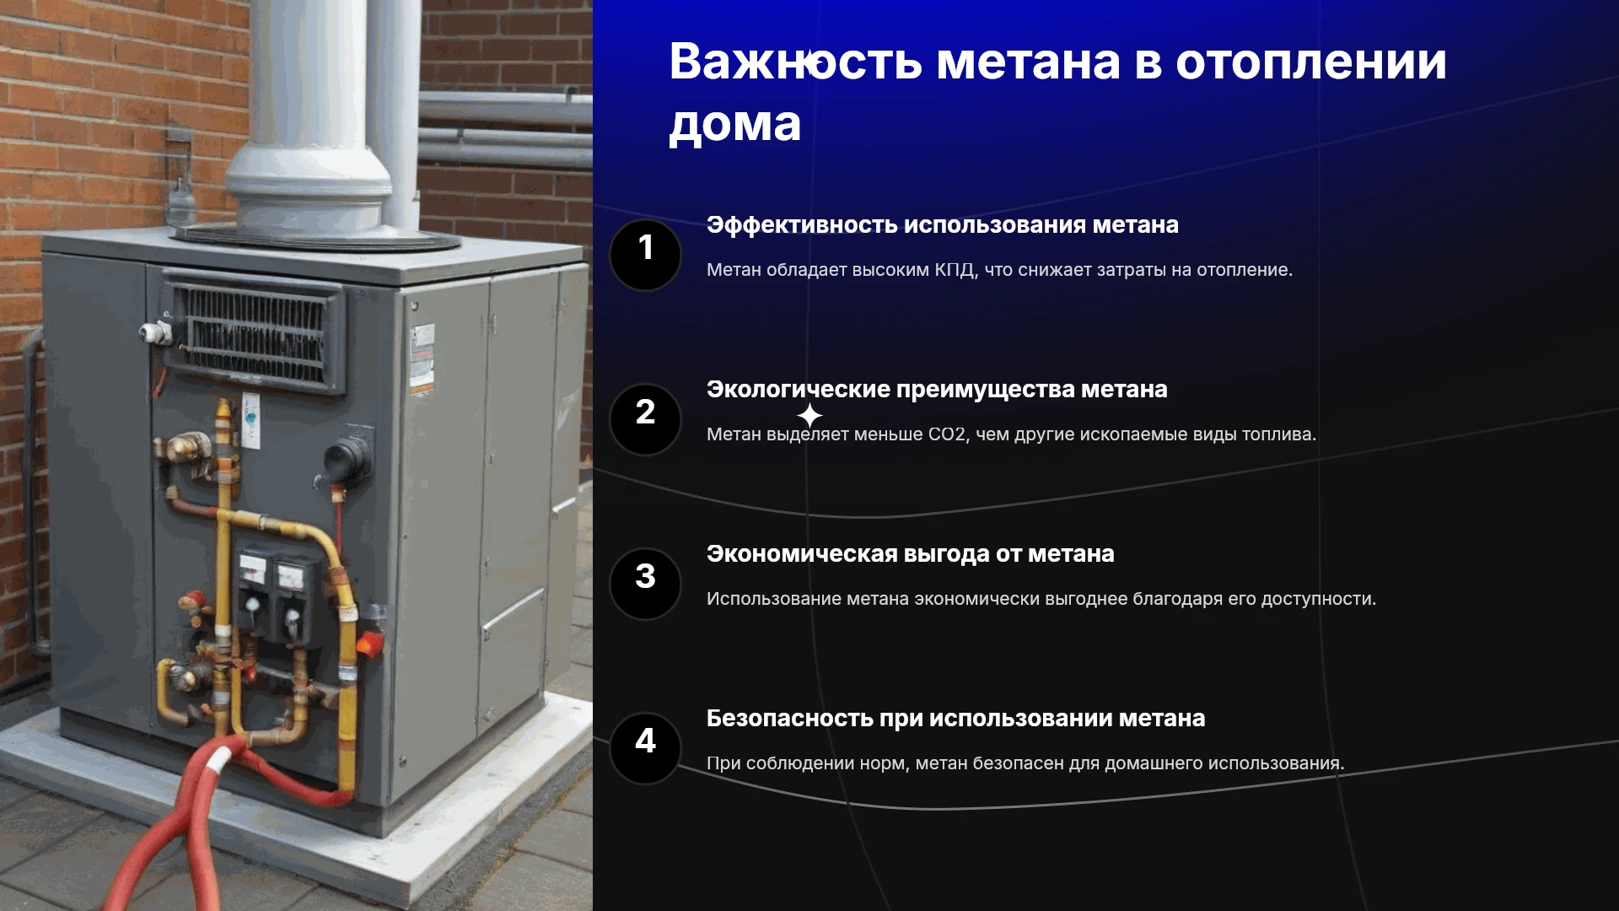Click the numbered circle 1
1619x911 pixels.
[645, 255]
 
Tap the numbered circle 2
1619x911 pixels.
[645, 419]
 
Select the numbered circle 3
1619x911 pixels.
[645, 584]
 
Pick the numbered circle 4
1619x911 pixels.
[645, 748]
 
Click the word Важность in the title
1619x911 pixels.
[795, 62]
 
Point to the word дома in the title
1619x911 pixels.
[734, 125]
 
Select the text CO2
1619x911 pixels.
[947, 434]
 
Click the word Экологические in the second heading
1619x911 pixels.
[799, 390]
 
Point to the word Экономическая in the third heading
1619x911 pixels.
[802, 554]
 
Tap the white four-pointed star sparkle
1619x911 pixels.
[809, 415]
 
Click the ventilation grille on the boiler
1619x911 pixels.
[253, 331]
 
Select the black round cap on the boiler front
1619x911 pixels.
[347, 458]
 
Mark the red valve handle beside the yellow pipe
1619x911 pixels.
[368, 644]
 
